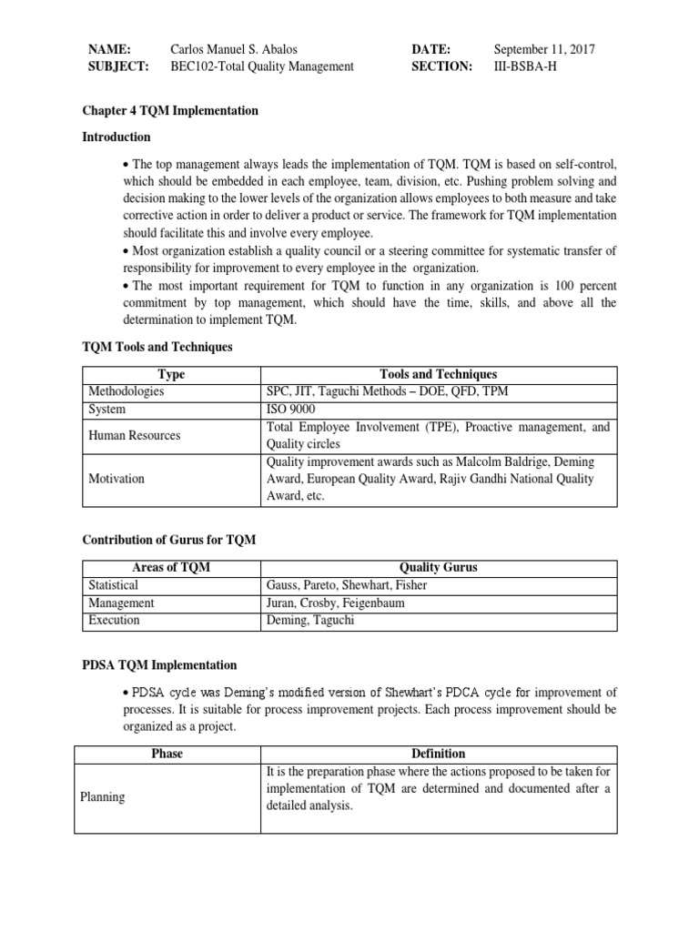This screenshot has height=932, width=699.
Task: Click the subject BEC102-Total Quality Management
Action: click(262, 66)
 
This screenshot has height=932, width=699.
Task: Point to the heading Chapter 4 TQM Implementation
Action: click(170, 111)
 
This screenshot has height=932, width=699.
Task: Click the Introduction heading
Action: click(116, 137)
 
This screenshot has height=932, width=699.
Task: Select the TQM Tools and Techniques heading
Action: click(157, 347)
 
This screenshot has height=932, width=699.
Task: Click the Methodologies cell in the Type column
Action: click(127, 391)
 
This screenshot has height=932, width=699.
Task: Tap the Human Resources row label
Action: click(134, 435)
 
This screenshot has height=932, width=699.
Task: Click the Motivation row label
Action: click(116, 479)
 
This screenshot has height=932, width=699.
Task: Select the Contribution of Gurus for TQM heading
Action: click(169, 540)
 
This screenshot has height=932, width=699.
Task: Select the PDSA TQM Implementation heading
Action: click(159, 665)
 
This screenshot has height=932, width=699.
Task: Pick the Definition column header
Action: click(438, 754)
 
